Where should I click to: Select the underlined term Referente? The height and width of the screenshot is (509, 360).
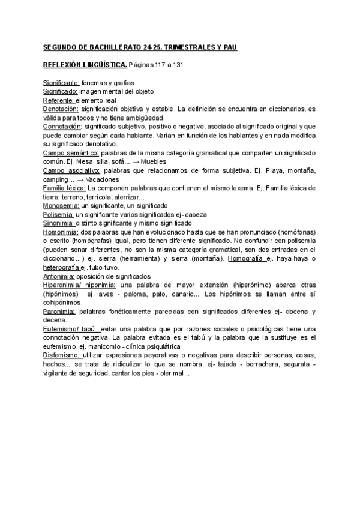click(x=59, y=100)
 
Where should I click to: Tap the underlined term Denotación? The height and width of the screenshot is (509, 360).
click(x=61, y=109)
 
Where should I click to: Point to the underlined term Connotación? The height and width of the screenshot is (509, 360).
click(x=62, y=127)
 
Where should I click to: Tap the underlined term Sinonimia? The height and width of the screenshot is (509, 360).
click(x=60, y=223)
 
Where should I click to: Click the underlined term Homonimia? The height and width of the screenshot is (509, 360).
click(x=62, y=232)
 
